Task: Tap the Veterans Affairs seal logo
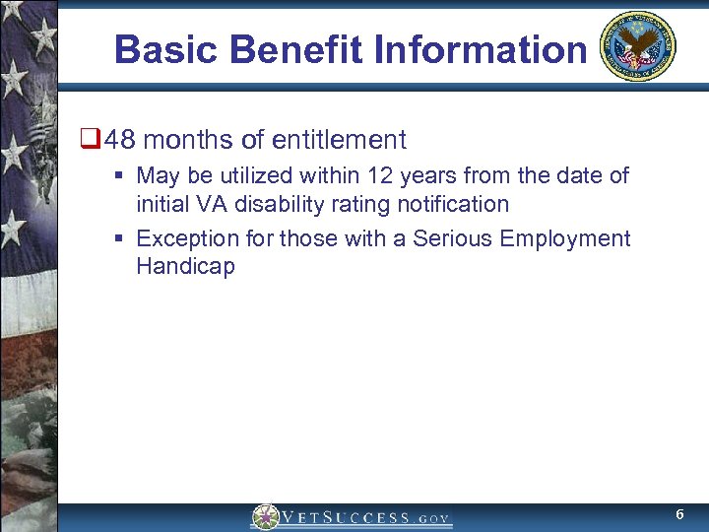click(638, 46)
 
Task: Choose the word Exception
click(181, 238)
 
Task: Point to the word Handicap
click(185, 267)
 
